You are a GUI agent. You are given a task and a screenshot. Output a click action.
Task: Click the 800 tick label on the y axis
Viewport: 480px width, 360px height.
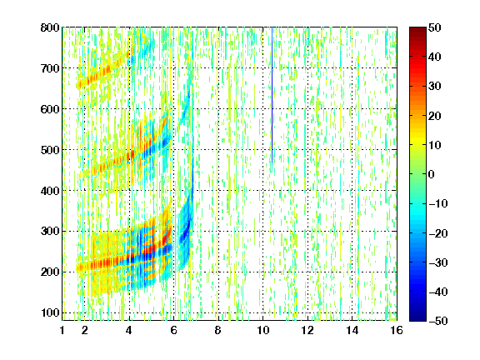coord(50,27)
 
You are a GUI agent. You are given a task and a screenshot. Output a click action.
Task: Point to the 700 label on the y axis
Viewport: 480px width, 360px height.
coord(50,68)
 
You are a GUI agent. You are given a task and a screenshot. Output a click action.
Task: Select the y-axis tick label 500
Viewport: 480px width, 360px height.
coord(50,150)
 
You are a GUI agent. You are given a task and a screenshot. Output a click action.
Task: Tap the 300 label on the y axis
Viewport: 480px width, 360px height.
coord(50,231)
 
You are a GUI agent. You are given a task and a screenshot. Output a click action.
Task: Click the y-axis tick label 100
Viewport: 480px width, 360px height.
coord(50,312)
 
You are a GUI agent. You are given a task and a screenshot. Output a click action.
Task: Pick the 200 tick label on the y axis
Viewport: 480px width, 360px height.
coord(50,272)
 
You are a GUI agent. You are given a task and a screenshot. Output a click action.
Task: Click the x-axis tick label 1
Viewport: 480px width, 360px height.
coord(62,330)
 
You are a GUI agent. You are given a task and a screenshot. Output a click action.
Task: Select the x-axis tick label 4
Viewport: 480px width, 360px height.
coord(129,330)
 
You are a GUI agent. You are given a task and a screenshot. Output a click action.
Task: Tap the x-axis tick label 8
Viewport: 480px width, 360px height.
coord(217,330)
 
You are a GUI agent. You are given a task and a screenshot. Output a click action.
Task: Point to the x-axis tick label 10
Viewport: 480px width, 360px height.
coord(262,330)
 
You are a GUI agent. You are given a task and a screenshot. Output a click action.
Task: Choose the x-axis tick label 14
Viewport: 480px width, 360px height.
coord(352,330)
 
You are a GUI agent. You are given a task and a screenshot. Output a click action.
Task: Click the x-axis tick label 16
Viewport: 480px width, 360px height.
coord(397,330)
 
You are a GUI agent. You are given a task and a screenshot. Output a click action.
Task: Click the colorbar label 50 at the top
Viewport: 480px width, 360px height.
coord(435,27)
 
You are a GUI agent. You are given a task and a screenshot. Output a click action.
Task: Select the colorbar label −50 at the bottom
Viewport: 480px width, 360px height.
coord(438,321)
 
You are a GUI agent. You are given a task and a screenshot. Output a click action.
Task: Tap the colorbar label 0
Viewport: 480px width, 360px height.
coord(432,174)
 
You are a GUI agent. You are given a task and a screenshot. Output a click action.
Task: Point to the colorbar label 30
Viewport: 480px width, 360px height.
coord(435,87)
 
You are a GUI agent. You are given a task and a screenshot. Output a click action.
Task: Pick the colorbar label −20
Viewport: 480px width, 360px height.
coord(438,233)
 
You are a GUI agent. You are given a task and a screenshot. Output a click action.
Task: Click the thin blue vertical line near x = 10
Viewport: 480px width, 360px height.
coord(272,98)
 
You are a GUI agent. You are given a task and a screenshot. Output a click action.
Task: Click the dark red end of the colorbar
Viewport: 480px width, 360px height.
coord(417,33)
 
